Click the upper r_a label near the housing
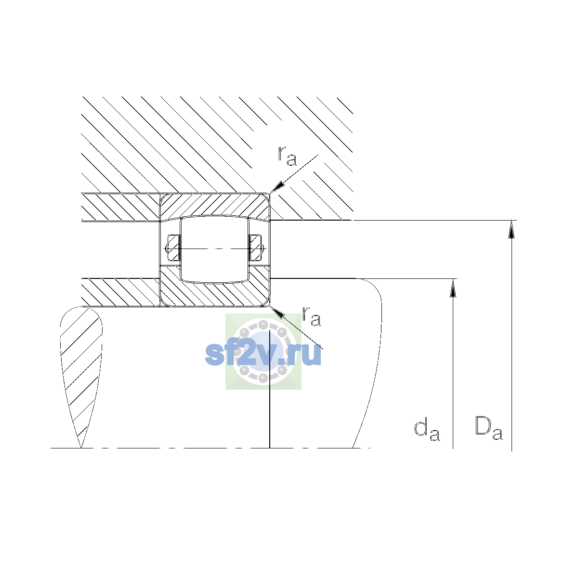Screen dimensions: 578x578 click(x=287, y=156)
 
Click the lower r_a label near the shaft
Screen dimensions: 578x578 click(x=311, y=316)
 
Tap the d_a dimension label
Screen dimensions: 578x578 click(x=427, y=431)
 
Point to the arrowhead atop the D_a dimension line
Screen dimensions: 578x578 click(x=512, y=229)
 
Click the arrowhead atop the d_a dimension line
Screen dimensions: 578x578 click(x=453, y=288)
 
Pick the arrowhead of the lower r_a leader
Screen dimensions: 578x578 click(x=276, y=312)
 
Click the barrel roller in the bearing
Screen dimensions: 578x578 click(x=214, y=249)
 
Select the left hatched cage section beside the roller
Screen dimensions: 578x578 click(x=173, y=248)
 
